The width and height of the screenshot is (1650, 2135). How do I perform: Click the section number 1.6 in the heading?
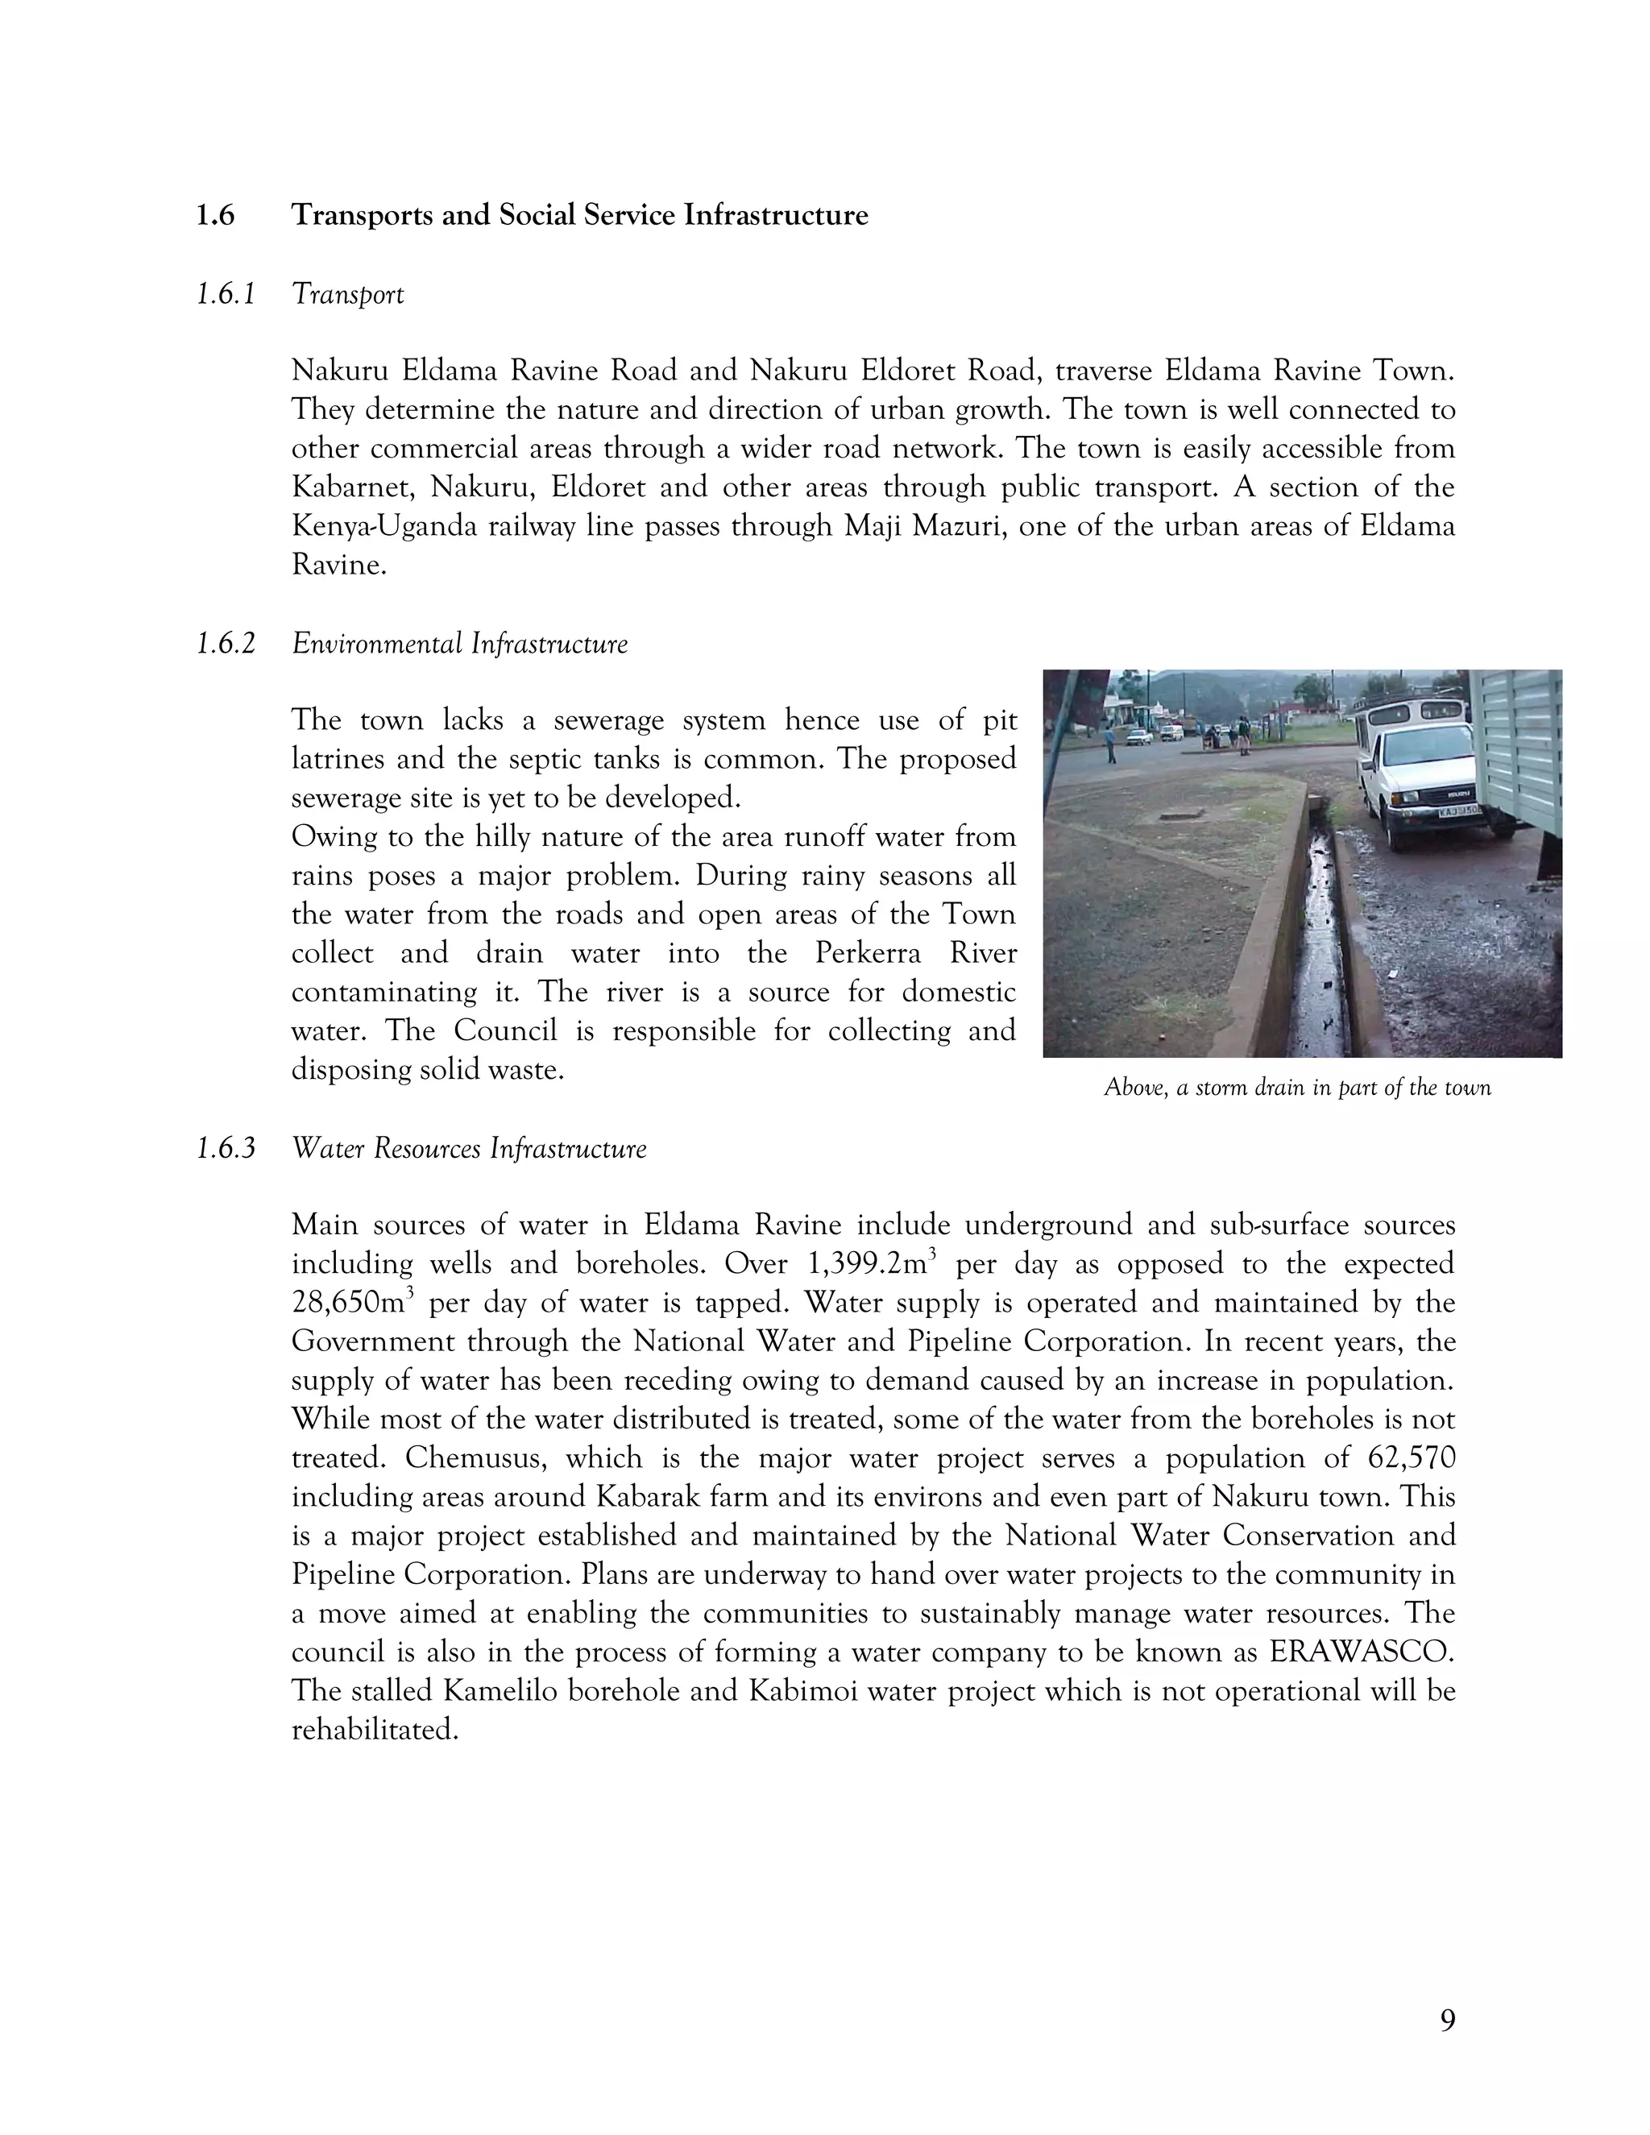pyautogui.click(x=214, y=215)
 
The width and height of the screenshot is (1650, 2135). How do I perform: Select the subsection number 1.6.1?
pyautogui.click(x=225, y=294)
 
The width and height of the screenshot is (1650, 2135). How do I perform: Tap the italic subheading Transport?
pyautogui.click(x=347, y=294)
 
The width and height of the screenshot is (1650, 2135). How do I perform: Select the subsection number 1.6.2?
pyautogui.click(x=225, y=645)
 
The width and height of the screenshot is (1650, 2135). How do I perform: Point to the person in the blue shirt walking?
pyautogui.click(x=1110, y=745)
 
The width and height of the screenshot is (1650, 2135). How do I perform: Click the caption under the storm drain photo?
pyautogui.click(x=1297, y=1088)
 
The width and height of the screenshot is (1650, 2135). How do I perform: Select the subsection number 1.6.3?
pyautogui.click(x=225, y=1149)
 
